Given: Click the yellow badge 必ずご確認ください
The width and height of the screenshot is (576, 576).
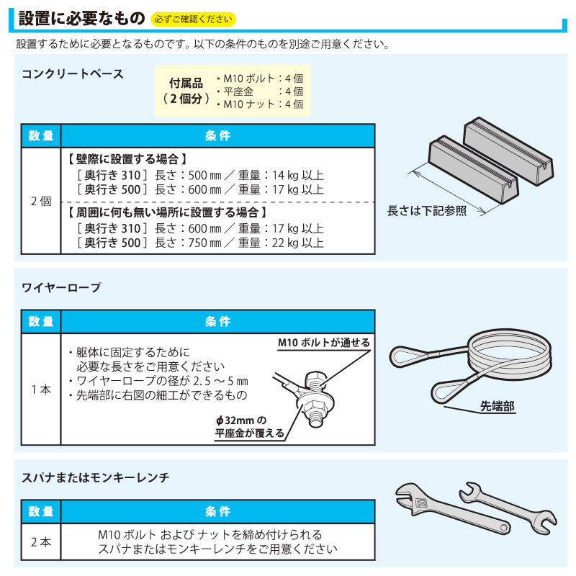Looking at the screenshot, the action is point(193,19).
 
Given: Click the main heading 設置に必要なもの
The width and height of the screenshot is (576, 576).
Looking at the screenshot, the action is point(82,18).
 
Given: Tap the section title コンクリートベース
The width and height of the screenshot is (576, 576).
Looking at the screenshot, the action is point(73,74).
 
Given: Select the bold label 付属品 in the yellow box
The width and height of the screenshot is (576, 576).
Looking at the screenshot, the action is point(186,84).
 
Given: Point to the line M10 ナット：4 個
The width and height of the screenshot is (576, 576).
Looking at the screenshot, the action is point(260,104).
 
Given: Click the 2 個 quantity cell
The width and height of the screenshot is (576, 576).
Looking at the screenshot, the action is point(41,201).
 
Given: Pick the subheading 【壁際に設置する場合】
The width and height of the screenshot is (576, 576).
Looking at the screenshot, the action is point(128,159).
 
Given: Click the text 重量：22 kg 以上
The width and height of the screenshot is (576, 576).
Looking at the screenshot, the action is point(281,243).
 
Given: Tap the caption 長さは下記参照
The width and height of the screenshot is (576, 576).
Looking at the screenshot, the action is point(427,211).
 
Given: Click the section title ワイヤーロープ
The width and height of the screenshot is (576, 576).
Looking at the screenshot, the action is point(61,287).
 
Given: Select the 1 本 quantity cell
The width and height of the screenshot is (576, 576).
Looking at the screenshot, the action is point(41,390).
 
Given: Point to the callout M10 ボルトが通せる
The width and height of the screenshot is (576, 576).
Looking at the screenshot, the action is point(323,343).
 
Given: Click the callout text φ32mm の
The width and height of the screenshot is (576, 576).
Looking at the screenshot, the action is point(241,420).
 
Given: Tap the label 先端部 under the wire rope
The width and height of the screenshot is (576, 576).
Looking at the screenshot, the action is point(498,406).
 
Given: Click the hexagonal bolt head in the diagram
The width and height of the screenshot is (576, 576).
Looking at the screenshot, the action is point(315,379).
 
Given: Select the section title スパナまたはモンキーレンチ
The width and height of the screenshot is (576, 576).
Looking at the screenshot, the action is point(96,477).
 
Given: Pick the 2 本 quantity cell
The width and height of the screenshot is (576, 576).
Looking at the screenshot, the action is point(41,542).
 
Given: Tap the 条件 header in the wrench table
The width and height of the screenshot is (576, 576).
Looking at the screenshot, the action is point(218,511).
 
